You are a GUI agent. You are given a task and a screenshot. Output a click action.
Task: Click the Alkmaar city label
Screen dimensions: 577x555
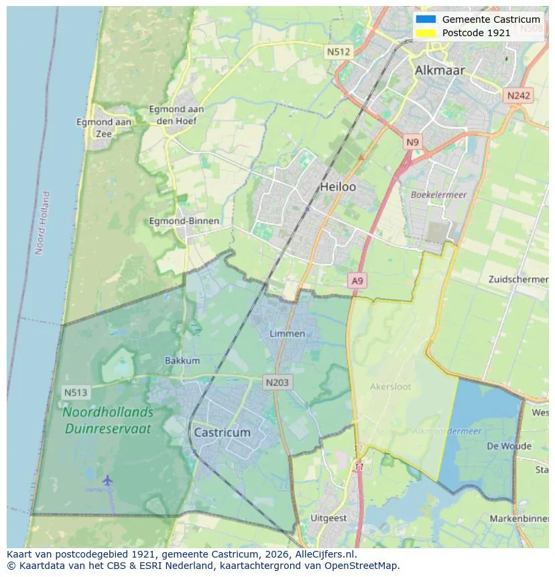(439, 70)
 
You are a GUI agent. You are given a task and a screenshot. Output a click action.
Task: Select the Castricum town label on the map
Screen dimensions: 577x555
(222, 433)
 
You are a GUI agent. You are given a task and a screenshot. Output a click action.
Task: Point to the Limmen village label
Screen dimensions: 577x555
(287, 334)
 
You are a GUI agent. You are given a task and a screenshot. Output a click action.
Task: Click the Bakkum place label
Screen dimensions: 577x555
(182, 361)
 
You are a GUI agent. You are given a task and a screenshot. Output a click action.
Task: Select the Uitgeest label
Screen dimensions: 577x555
(328, 518)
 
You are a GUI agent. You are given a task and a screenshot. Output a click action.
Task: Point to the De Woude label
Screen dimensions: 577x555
(509, 446)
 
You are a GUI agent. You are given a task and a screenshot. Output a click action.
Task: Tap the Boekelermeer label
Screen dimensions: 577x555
(438, 195)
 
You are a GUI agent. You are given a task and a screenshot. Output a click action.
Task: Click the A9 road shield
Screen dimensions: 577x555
(357, 281)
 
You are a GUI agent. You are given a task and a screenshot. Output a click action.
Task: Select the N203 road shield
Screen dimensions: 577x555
(277, 383)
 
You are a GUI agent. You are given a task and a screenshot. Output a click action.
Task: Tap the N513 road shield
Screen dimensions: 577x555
(76, 392)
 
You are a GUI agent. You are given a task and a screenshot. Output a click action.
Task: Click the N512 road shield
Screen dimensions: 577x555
(338, 52)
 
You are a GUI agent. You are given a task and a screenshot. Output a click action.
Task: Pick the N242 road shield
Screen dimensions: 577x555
(518, 96)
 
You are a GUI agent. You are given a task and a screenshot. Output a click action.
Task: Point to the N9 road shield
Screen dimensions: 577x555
(412, 142)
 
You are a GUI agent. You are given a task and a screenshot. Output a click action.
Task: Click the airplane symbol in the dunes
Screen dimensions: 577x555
(107, 480)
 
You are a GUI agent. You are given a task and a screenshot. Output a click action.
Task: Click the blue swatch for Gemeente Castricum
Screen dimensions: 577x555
(425, 19)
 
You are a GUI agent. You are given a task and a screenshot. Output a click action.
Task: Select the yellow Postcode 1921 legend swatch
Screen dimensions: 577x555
(425, 32)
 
